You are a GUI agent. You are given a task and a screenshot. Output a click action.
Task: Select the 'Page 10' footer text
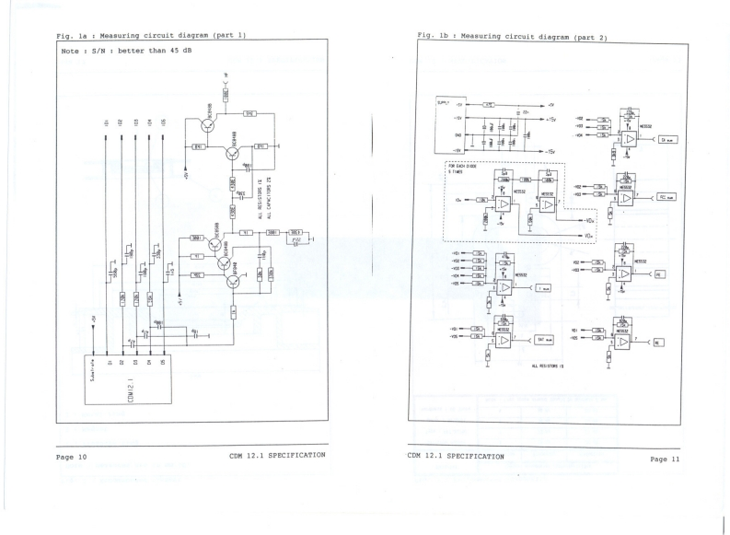pyautogui.click(x=69, y=457)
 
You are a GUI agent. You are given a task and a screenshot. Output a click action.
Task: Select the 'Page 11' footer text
pyautogui.click(x=664, y=459)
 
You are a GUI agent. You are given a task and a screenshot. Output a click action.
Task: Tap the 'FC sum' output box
pyautogui.click(x=667, y=197)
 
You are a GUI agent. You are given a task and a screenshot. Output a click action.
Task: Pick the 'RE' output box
pyautogui.click(x=659, y=342)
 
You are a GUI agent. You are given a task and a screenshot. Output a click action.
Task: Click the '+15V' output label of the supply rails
pyautogui.click(x=551, y=120)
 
